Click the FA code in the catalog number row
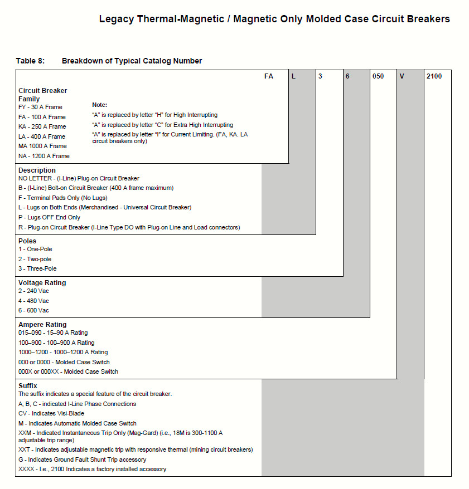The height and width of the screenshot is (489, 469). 269,76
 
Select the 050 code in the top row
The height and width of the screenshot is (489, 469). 378,76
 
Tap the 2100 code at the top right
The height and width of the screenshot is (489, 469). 434,76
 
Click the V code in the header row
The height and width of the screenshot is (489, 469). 402,76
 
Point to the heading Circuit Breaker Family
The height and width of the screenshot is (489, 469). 42,95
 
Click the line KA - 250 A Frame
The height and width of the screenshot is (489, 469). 42,126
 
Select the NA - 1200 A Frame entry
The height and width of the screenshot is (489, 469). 44,156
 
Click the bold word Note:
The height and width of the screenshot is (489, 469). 100,105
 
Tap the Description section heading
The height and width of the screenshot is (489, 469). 37,170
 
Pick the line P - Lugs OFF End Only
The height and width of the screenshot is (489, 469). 49,217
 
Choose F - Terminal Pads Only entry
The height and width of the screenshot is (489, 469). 63,198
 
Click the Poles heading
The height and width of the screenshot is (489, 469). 27,241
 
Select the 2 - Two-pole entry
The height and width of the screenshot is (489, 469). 35,259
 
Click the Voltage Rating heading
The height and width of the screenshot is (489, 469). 42,283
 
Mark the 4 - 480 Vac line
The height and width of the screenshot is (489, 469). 33,301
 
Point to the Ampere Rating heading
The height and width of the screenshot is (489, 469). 42,325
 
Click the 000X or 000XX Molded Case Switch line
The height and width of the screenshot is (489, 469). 69,371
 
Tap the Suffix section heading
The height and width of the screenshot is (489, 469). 28,386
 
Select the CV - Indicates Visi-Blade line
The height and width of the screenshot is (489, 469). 51,413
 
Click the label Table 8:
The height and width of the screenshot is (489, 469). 30,61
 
